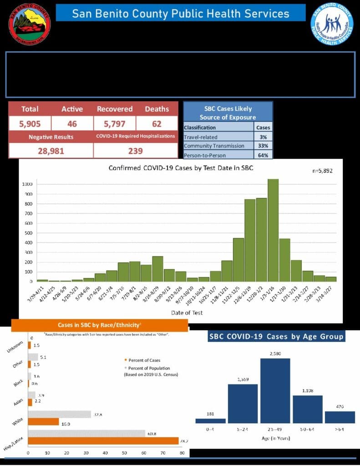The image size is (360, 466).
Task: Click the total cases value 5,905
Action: coord(30,123)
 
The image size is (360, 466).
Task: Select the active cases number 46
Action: coord(72,123)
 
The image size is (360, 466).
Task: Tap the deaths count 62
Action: coord(157,123)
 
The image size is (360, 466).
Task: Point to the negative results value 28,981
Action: coord(50,151)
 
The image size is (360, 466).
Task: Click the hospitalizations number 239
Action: coord(135,151)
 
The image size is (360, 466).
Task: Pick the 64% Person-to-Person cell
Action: coord(263,155)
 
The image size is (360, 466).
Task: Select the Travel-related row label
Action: coord(201,137)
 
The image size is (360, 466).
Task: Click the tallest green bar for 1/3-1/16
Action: coord(273,230)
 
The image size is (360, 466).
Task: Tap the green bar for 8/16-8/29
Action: coord(157,268)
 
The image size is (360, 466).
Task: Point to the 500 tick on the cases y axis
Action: coord(29,233)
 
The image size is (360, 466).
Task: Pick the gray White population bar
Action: coord(60,415)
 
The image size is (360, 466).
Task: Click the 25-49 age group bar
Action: coord(275,391)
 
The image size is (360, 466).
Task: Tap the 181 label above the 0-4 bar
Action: coord(210,413)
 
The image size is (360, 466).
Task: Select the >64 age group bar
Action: coord(340,417)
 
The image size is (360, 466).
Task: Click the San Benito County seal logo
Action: coord(30,24)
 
